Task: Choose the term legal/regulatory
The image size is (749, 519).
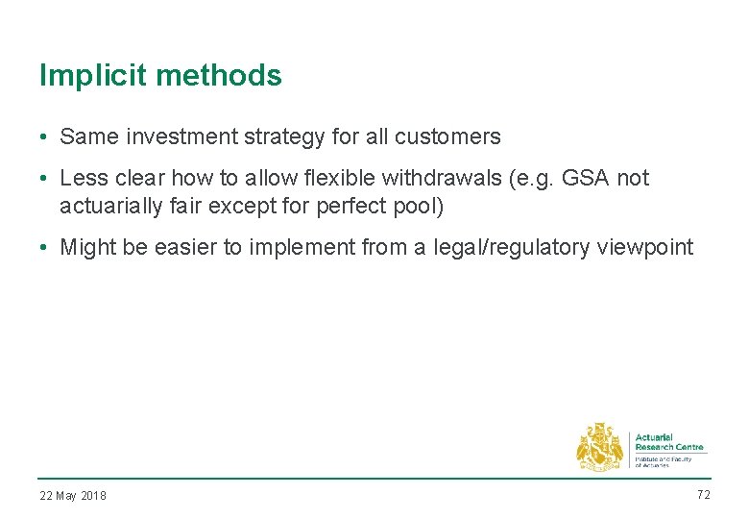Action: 496,248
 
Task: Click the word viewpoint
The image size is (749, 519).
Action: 645,248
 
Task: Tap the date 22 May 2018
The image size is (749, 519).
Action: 73,496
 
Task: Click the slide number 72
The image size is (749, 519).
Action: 702,494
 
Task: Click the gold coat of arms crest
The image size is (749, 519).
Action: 600,447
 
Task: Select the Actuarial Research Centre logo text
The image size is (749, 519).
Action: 668,443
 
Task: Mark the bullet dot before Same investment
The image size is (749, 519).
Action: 45,137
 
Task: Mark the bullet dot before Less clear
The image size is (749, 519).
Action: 45,179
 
